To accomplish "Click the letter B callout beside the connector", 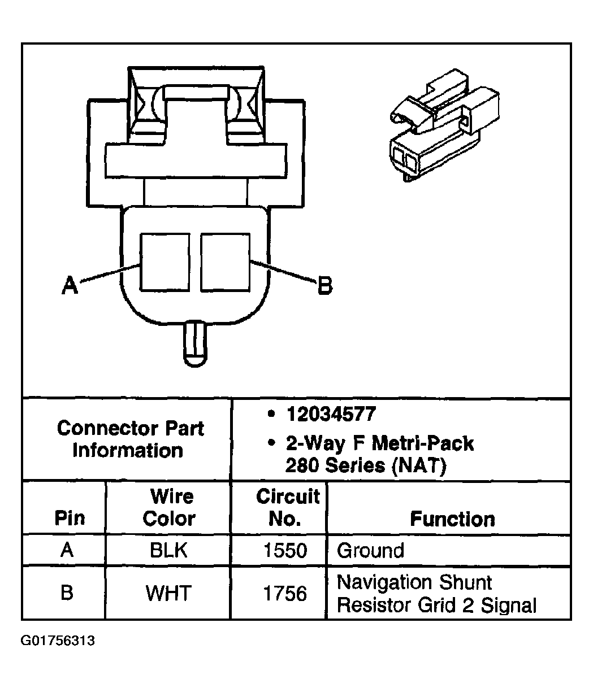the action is [325, 285].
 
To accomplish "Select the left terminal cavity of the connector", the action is [165, 262].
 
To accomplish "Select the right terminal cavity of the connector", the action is [225, 262].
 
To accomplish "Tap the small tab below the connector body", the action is [195, 344].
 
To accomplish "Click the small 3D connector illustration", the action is [444, 125].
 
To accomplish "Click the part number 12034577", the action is [331, 413].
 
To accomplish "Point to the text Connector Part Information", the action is [130, 439].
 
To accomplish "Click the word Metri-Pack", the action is [423, 443].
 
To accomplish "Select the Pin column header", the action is [70, 518].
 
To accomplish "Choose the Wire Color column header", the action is [170, 507].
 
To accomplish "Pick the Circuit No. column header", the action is [288, 507].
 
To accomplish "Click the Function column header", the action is [452, 519].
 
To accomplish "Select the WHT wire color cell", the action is [168, 593].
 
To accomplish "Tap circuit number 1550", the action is [285, 550].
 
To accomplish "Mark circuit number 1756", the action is [285, 593].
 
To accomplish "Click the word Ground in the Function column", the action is [370, 550].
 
